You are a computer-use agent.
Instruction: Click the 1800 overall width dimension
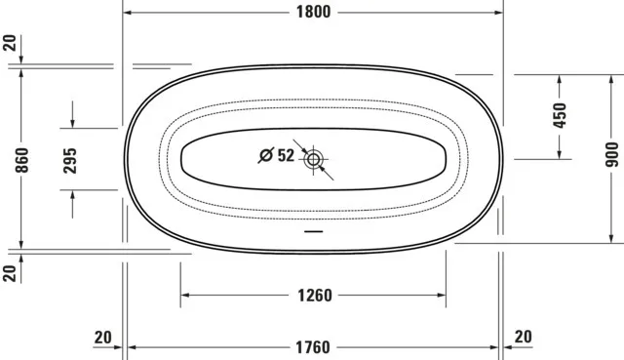312,12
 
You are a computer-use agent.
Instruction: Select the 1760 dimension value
312,346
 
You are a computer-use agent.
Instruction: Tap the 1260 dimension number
314,296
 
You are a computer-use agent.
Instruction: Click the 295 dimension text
71,160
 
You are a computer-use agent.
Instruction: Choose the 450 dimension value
560,115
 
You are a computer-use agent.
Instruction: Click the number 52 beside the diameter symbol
285,155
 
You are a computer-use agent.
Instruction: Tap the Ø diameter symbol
265,155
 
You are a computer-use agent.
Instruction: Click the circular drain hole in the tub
314,158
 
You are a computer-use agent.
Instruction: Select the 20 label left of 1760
103,337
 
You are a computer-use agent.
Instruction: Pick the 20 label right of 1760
523,337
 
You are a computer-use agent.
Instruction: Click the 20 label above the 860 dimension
10,44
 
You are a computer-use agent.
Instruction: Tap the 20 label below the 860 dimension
10,272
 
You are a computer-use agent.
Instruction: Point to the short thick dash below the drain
313,232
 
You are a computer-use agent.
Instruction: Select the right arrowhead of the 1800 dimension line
498,13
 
